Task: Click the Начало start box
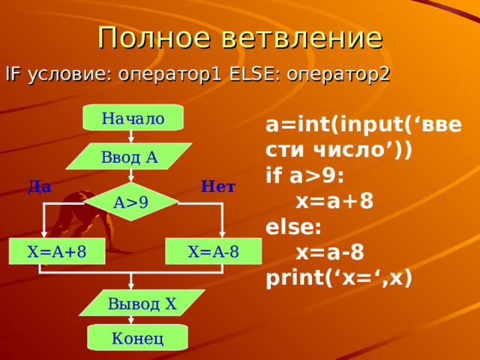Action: tap(133, 118)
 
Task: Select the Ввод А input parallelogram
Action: tap(129, 157)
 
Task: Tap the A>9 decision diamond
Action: tap(131, 202)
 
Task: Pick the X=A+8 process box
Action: tap(57, 251)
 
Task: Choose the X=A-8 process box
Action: tap(213, 251)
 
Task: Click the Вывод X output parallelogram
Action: tap(142, 303)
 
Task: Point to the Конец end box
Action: tap(137, 337)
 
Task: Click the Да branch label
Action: tap(40, 187)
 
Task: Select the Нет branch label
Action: tap(218, 186)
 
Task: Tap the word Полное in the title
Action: tap(154, 37)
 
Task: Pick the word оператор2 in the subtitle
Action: tap(338, 75)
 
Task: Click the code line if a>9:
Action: tap(305, 176)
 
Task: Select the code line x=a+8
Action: tap(334, 201)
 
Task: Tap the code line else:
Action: tap(293, 226)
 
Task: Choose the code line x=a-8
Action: tap(330, 252)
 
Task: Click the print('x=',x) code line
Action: tap(339, 278)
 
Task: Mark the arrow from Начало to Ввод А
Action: tap(131, 136)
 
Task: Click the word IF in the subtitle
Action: tap(13, 74)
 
